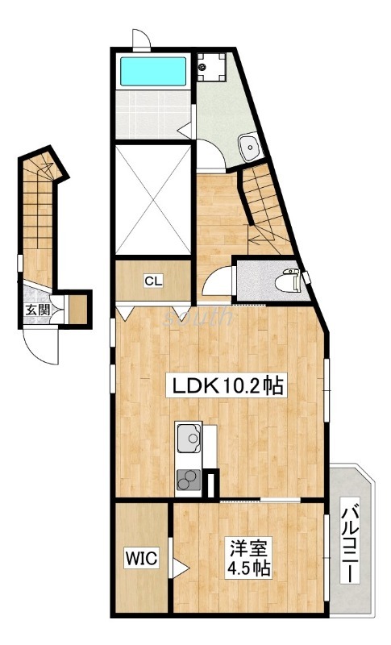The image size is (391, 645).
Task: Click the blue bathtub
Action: [153, 72]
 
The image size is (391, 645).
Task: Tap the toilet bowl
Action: [287, 281]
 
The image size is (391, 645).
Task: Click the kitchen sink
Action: [189, 438]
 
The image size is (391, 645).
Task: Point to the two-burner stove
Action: [189, 480]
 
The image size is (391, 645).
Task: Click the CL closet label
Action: [153, 281]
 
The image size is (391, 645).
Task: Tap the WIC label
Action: [141, 558]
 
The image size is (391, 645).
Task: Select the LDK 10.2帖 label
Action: [226, 386]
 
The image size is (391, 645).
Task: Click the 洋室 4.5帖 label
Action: [249, 558]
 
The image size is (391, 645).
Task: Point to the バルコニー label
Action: [351, 545]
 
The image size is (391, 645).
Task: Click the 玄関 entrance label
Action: [37, 310]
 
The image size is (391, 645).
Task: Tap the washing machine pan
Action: [211, 68]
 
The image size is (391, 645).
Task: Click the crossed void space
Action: [153, 199]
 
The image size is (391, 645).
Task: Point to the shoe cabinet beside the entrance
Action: [77, 309]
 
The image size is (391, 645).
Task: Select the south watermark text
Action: [198, 317]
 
